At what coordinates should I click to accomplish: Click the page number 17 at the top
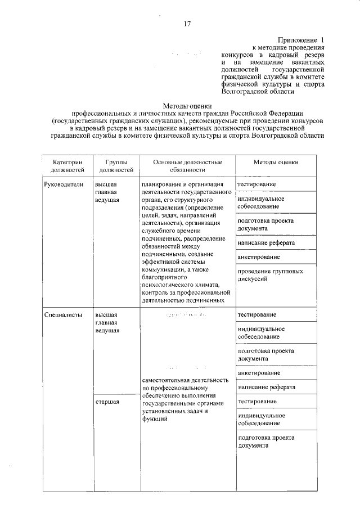[x=187, y=23]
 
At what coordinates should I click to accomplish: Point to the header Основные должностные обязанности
[x=186, y=165]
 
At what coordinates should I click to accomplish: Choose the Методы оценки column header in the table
[x=276, y=162]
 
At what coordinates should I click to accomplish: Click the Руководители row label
[x=64, y=184]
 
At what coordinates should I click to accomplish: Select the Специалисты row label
[x=63, y=314]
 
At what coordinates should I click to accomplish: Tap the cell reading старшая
[x=107, y=402]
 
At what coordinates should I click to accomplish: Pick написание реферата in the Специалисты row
[x=266, y=388]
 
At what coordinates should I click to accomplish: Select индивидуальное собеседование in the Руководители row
[x=260, y=202]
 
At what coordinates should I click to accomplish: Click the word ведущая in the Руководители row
[x=107, y=200]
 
